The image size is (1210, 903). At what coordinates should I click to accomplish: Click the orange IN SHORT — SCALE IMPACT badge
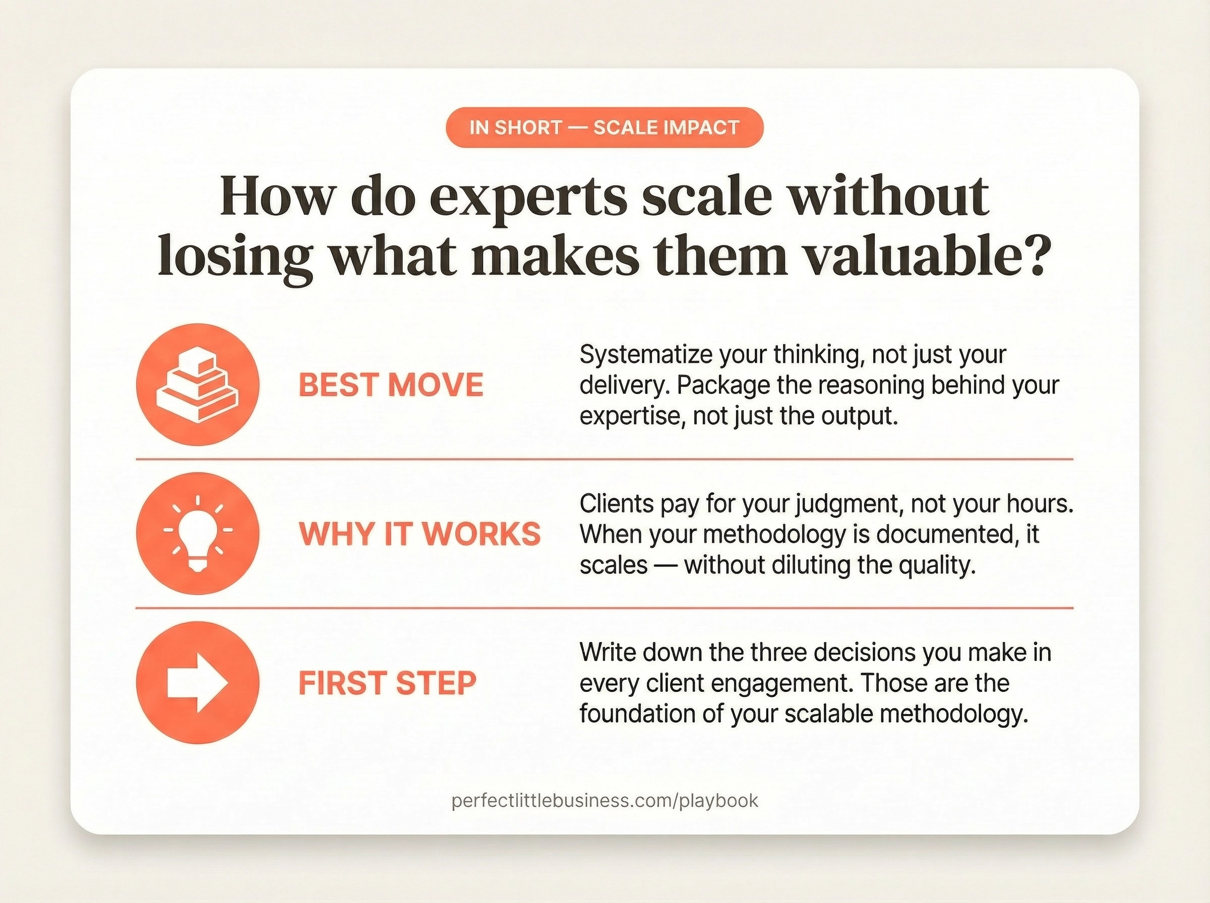604,127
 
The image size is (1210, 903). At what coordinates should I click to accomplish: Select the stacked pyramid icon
198,385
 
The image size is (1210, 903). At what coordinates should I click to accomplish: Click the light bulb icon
198,534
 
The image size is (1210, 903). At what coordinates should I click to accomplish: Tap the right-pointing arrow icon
198,682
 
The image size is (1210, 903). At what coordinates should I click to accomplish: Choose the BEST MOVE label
390,385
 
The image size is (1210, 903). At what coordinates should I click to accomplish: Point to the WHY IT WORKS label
419,534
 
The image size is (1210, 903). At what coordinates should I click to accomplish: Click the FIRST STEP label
387,683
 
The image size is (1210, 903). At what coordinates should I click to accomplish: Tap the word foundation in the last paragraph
638,714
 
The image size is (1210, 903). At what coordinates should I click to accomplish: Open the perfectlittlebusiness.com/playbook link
604,801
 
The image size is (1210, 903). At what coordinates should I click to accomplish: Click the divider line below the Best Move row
604,460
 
